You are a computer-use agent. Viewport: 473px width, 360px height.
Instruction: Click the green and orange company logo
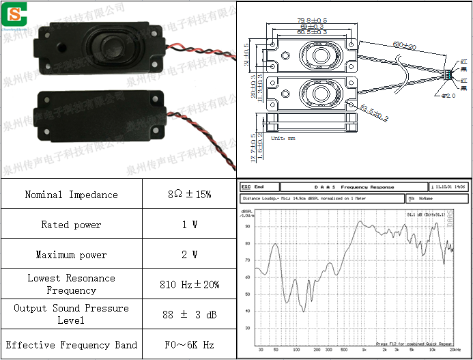coord(13,12)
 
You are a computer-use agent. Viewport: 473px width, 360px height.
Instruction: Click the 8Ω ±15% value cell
coord(189,195)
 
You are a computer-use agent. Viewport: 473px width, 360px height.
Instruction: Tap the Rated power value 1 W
coord(189,225)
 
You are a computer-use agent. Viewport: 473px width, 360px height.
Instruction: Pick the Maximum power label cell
coord(71,255)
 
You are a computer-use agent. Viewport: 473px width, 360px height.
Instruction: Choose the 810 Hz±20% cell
coord(189,284)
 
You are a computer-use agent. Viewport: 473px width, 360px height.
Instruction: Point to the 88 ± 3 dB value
coord(189,314)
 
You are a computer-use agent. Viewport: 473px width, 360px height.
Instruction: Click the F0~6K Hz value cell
coord(189,345)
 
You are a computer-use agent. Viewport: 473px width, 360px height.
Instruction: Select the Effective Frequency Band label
coord(71,345)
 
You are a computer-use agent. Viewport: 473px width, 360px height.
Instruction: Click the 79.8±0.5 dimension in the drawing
coord(313,20)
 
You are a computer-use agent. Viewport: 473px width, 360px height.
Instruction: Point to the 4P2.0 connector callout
coord(448,96)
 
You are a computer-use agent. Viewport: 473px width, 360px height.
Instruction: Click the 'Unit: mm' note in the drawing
coord(283,139)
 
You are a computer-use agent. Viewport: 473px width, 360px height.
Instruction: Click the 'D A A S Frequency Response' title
coord(354,186)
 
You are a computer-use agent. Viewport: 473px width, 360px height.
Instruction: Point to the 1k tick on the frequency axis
coord(364,349)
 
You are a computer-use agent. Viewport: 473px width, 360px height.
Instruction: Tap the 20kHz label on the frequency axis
coord(455,349)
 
